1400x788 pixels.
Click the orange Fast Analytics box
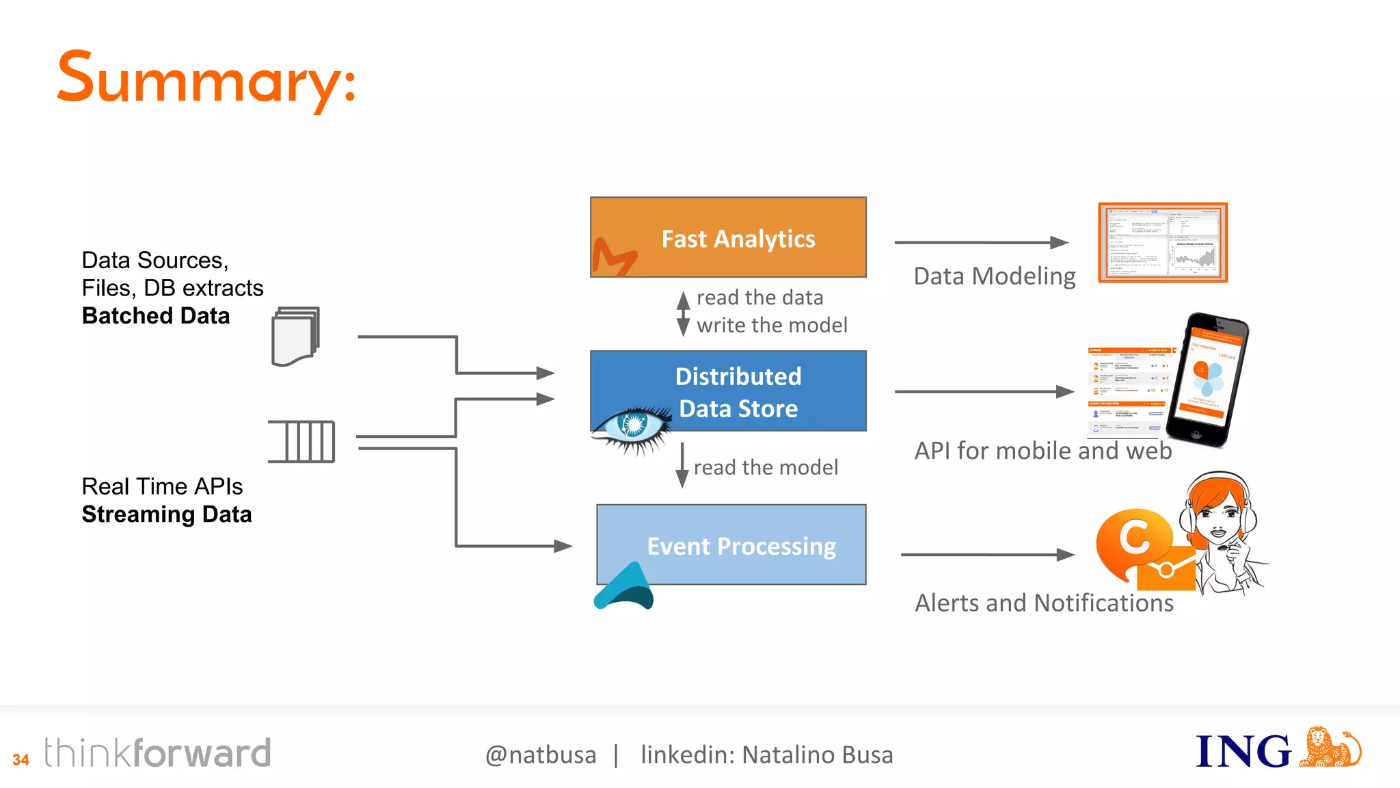728,237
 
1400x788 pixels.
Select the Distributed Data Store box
728,391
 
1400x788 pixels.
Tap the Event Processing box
731,544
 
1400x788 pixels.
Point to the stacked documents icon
296,336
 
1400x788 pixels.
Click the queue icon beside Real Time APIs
302,441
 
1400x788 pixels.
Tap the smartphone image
1207,380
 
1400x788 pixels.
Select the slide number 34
21,759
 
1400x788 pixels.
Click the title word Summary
205,80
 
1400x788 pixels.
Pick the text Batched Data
156,316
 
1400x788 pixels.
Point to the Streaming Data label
167,514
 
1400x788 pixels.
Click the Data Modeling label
995,276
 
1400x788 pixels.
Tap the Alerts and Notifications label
1044,603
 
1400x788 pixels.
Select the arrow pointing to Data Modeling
981,242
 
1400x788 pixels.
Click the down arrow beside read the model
682,465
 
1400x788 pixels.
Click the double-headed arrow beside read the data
683,313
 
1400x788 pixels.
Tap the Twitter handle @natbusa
541,754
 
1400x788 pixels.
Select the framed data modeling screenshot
1163,242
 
